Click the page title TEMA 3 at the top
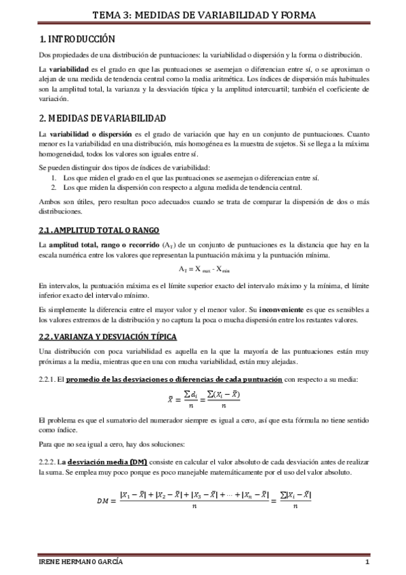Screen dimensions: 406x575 click(x=203, y=15)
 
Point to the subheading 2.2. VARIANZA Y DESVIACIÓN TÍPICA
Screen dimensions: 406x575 click(x=108, y=336)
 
